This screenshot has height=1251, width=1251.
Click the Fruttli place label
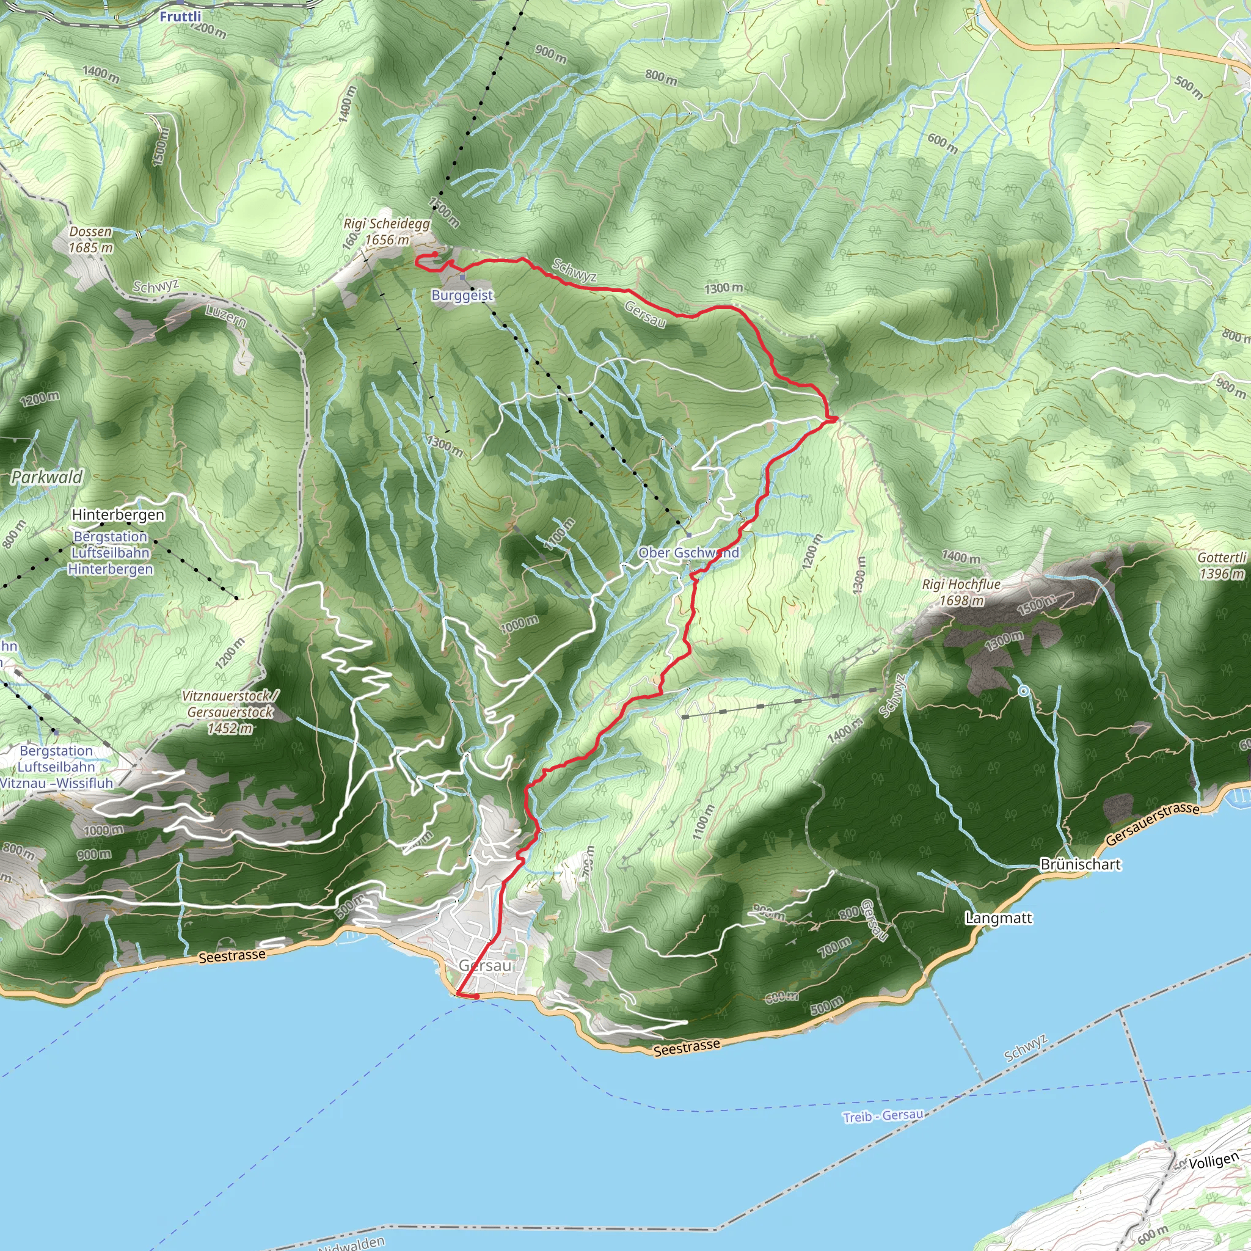[x=180, y=17]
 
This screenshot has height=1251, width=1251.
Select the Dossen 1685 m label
[x=90, y=239]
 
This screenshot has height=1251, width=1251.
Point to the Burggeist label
[x=462, y=295]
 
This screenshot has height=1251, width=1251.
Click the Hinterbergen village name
[x=119, y=515]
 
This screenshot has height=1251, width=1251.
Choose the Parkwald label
[x=47, y=477]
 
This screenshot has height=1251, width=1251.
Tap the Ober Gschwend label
[x=688, y=552]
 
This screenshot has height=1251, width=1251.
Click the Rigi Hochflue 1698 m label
[x=961, y=593]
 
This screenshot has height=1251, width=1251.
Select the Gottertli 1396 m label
[x=1221, y=565]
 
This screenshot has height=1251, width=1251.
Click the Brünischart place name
[x=1080, y=864]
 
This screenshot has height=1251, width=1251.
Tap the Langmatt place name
[x=999, y=917]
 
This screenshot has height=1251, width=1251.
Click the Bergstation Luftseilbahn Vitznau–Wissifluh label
[x=57, y=767]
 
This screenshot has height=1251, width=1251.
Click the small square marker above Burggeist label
[x=462, y=277]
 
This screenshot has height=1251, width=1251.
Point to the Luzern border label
[x=226, y=315]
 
